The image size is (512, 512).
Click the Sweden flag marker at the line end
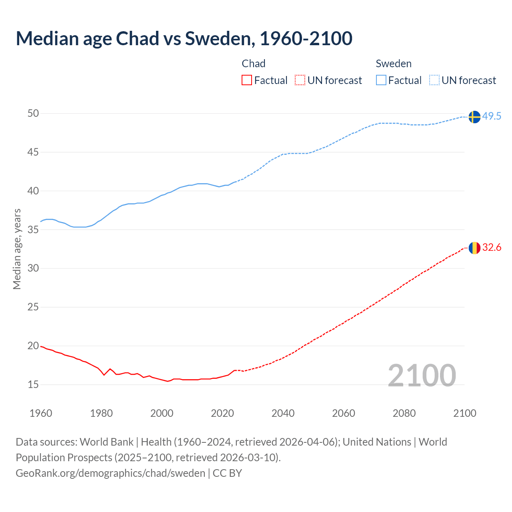pos(474,117)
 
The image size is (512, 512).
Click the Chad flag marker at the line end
pos(474,248)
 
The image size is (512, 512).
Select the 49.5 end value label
pos(492,116)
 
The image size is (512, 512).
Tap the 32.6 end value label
pos(492,248)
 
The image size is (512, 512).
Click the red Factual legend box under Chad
pos(247,80)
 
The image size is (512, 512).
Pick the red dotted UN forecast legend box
pos(300,80)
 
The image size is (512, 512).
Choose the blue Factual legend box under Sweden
pos(381,80)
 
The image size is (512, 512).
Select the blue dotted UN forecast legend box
pos(434,80)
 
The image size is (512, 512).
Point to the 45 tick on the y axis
pos(33,152)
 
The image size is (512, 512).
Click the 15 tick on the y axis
pos(33,385)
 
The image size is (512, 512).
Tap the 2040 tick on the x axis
pos(283,413)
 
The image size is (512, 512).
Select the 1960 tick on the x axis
pos(41,413)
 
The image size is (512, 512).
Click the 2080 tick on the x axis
pos(404,413)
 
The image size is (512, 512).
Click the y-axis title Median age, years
pos(17,249)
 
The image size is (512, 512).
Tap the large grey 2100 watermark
pos(422,375)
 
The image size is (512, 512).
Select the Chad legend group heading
pos(254,64)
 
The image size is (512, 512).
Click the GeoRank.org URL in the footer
pos(110,473)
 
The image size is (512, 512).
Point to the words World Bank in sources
pos(106,442)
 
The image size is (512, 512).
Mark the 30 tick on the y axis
pos(33,268)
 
